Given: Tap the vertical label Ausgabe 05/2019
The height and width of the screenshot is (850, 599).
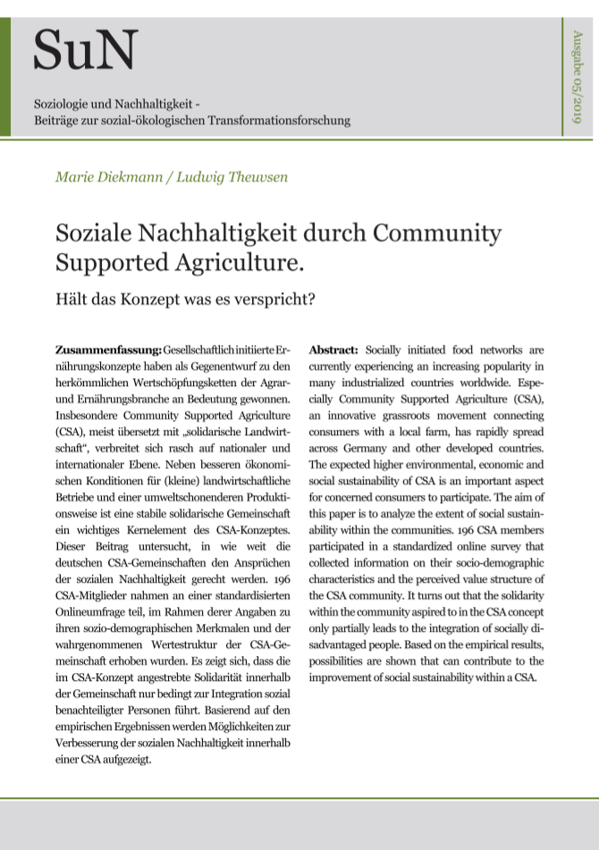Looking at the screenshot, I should pyautogui.click(x=577, y=77).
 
